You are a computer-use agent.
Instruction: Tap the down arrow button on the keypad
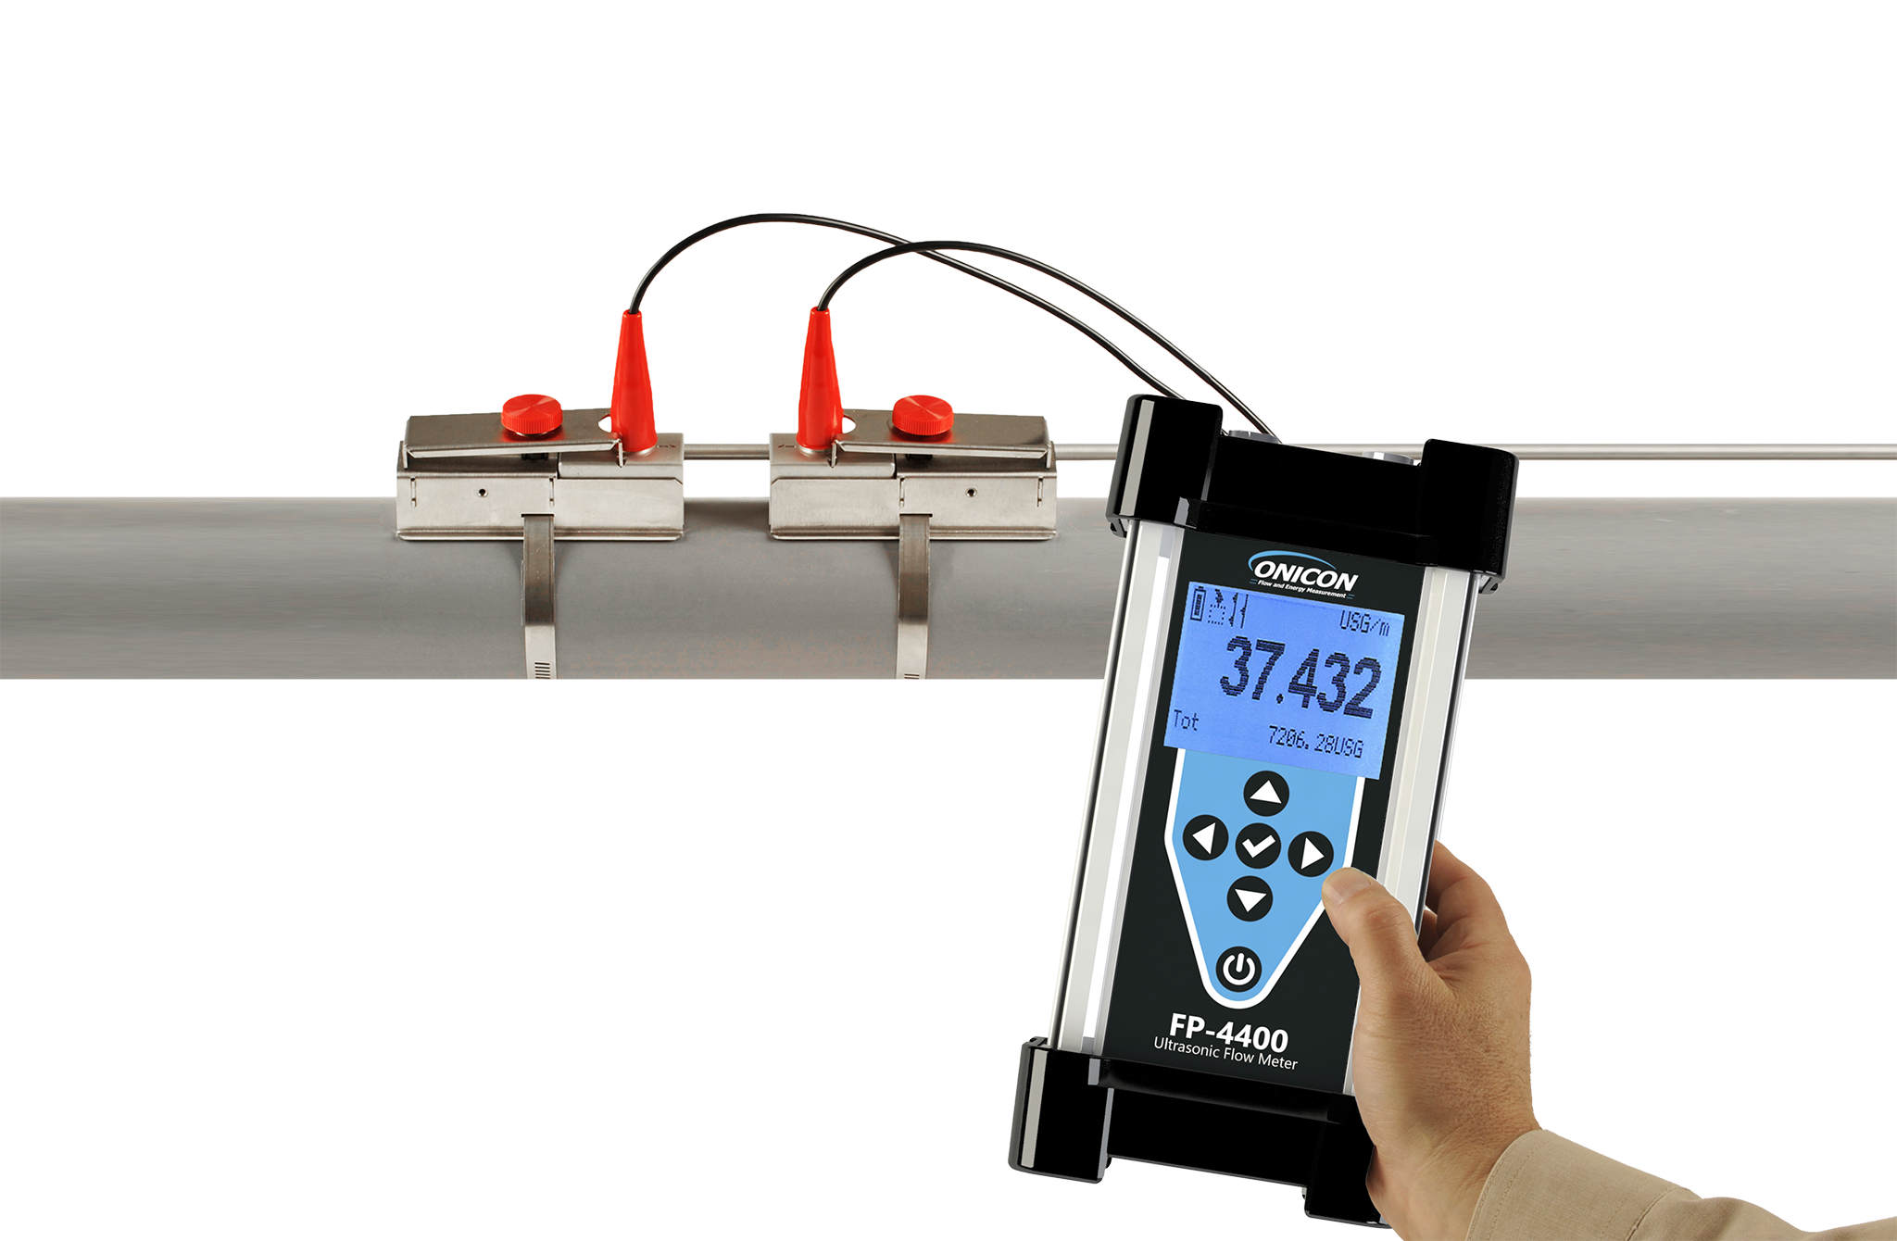coord(1250,898)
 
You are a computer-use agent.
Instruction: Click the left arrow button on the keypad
coord(1206,838)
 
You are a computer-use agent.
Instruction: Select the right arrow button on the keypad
coord(1311,853)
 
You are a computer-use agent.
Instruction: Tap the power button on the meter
coord(1239,970)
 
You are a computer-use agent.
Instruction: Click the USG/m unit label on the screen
coord(1363,624)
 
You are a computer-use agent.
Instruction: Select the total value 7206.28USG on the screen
coord(1315,741)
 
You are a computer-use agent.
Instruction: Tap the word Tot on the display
coord(1186,720)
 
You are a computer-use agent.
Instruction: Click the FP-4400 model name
coord(1228,1032)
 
